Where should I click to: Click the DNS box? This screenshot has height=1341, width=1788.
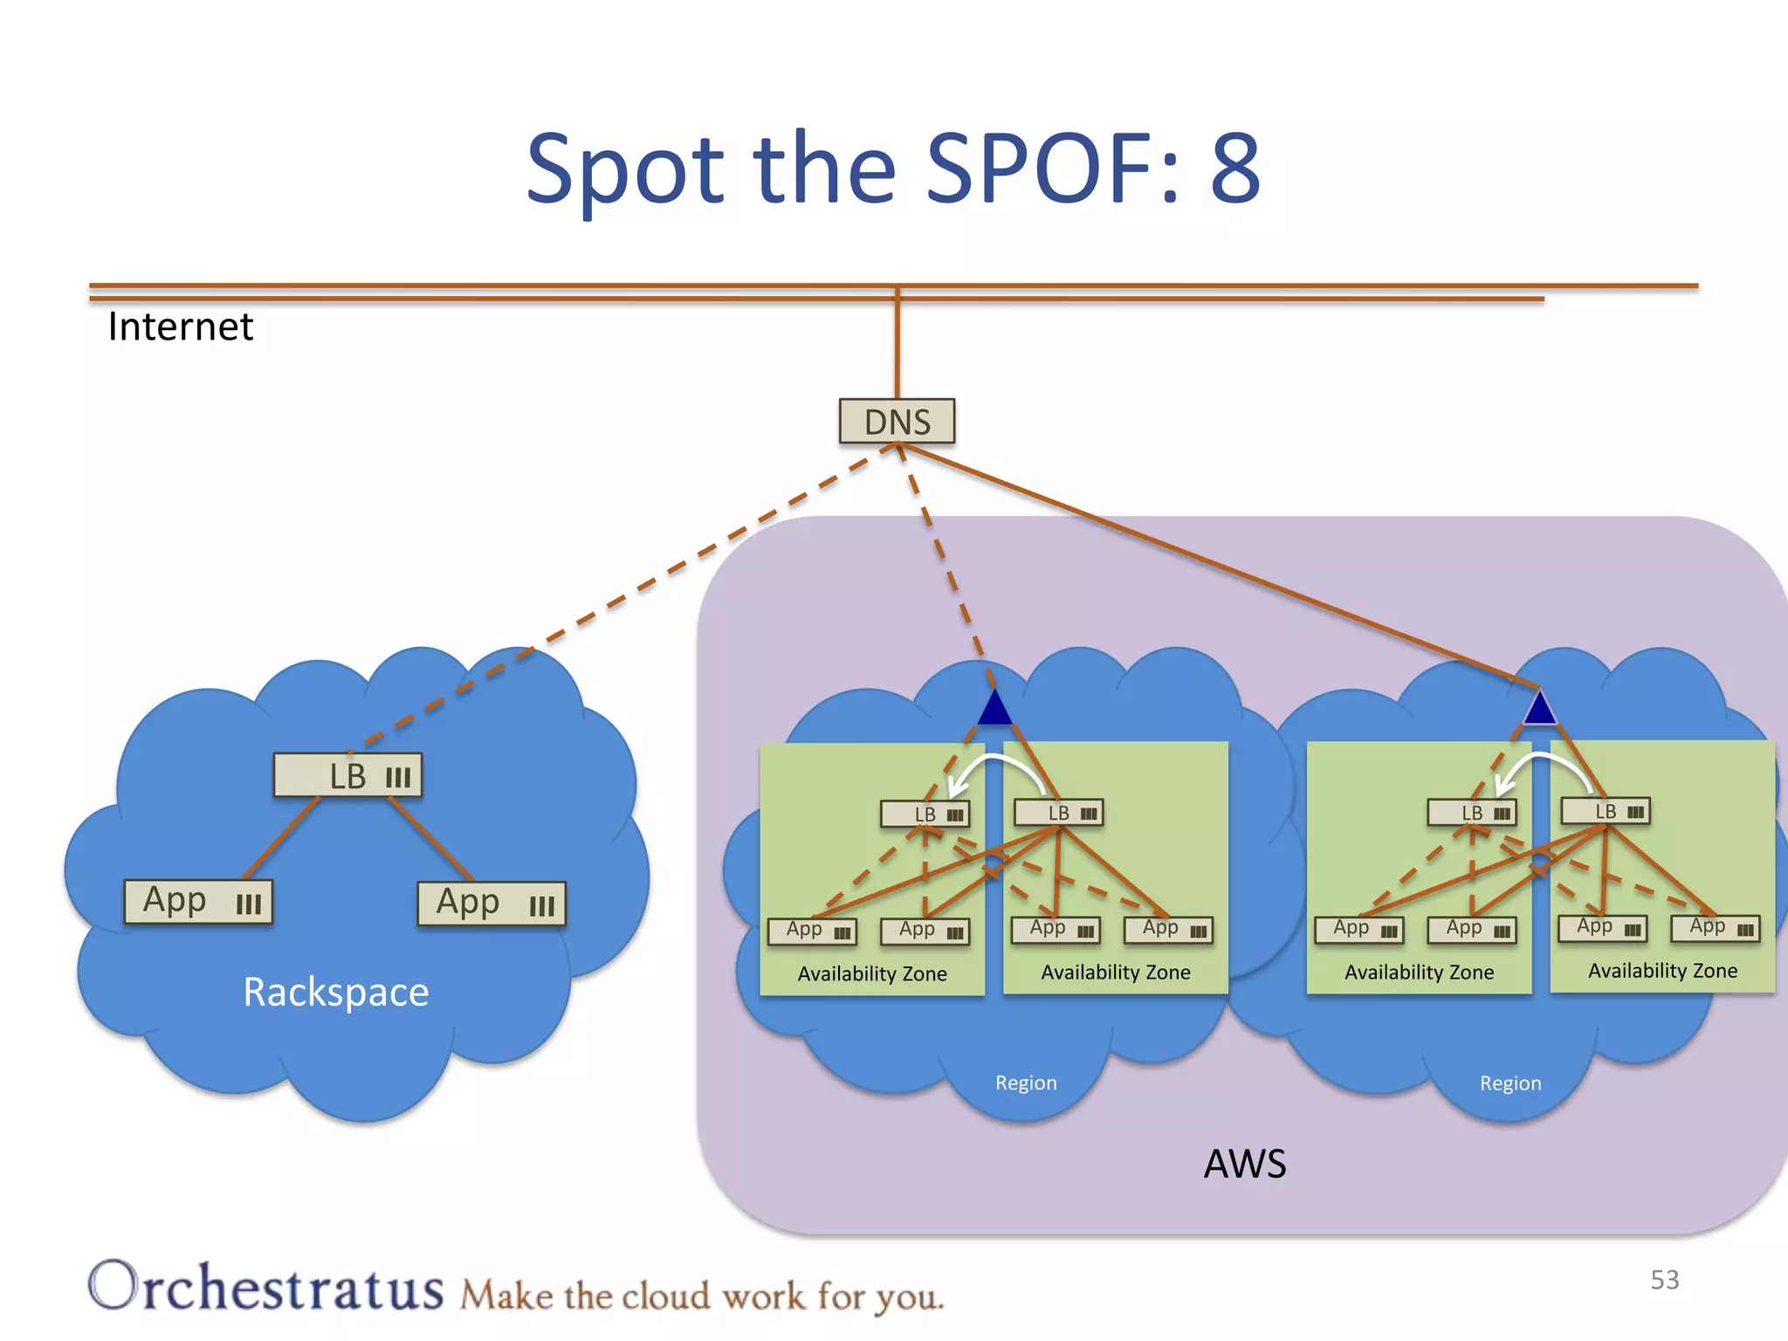coord(897,422)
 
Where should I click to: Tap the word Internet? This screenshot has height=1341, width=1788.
coord(180,327)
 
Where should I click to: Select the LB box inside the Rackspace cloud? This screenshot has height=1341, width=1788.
coord(347,775)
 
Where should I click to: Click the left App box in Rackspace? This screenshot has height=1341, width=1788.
coord(198,901)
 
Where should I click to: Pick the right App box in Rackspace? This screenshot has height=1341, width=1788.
coord(492,904)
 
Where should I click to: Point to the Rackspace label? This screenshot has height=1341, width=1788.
coord(335,993)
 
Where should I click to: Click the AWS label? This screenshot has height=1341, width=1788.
coord(1244,1164)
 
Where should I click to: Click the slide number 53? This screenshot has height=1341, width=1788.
coord(1664,1280)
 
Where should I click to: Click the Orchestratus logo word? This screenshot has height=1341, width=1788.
coord(266,1287)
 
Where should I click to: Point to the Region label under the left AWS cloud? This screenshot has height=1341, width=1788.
coord(1026,1083)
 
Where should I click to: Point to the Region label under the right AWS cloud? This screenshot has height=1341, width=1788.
coord(1509,1083)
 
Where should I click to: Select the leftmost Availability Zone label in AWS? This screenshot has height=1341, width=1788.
coord(871,973)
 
